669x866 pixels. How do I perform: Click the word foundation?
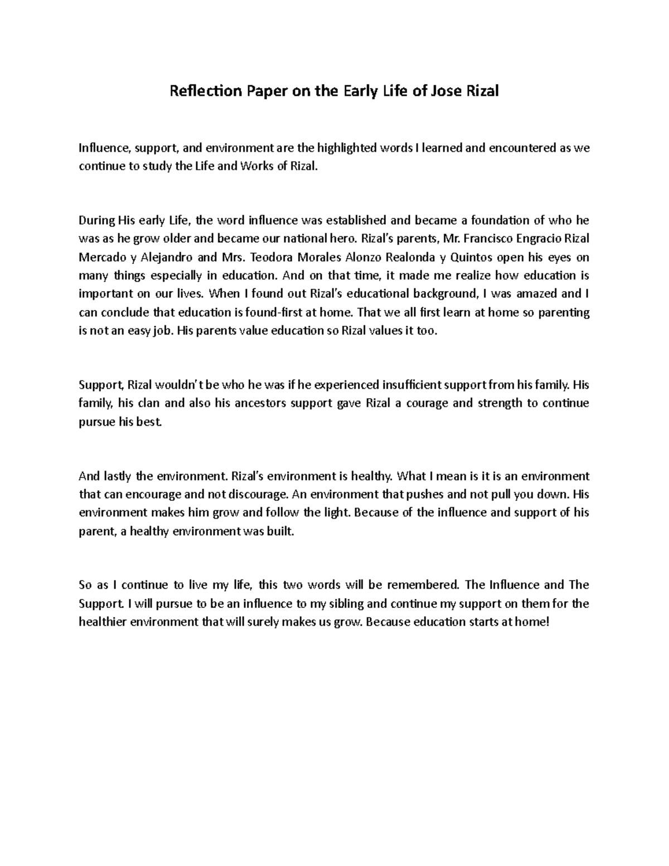pos(502,220)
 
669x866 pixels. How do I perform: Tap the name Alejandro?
pos(168,257)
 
